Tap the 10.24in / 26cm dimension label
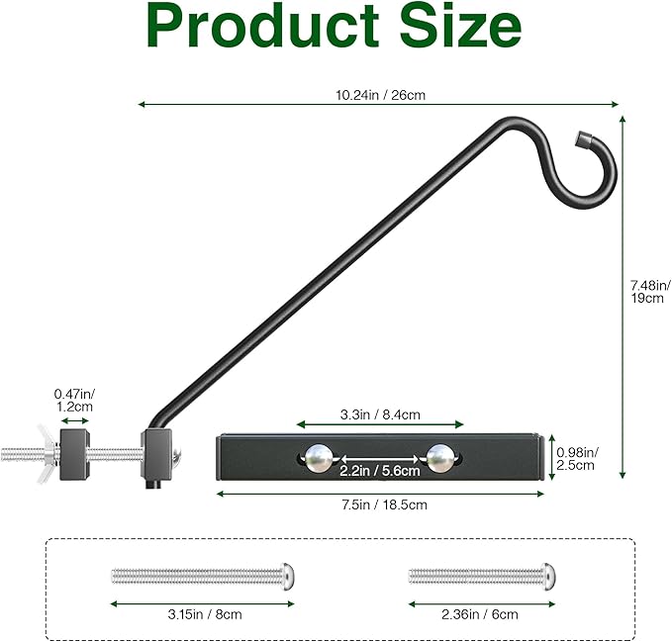click(x=380, y=95)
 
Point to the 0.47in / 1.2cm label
click(x=74, y=400)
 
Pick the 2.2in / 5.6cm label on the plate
click(x=379, y=471)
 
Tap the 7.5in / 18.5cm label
click(x=379, y=504)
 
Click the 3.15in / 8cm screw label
click(x=203, y=614)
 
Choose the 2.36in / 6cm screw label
click(x=479, y=614)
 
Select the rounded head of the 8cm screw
click(x=287, y=574)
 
